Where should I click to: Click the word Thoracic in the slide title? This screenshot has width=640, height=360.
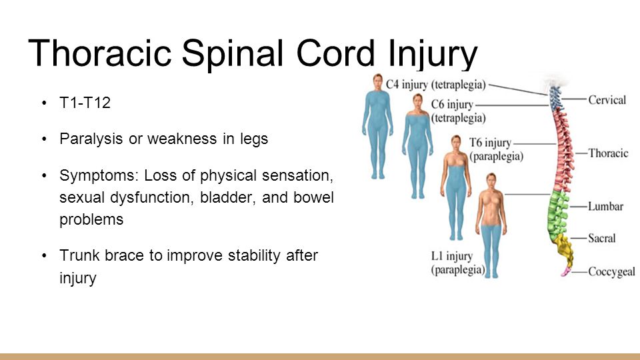coord(100,53)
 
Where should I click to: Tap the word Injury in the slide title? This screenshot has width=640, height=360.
coord(433,54)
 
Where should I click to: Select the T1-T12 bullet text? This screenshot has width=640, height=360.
coord(85,103)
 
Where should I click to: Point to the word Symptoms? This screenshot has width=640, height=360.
coord(99,175)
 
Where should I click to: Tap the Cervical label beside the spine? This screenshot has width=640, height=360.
coord(607,100)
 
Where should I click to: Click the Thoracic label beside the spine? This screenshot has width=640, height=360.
coord(608,153)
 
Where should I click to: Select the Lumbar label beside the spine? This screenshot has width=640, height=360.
coord(606,206)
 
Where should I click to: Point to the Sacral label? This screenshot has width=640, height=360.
coord(601,238)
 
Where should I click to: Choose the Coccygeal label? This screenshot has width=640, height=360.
coord(611,272)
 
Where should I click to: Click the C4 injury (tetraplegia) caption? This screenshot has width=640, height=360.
coord(436,85)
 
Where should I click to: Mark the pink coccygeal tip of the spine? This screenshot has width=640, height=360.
coord(566,271)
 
